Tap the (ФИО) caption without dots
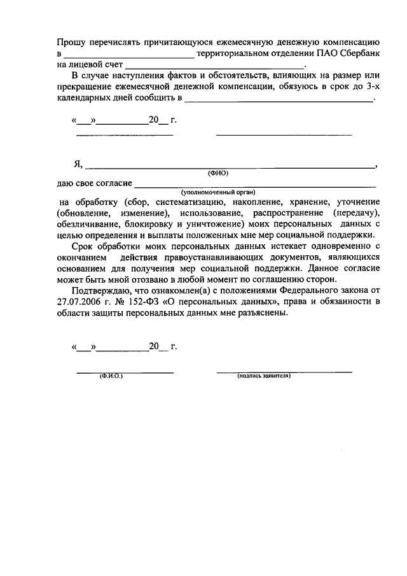[x=218, y=173]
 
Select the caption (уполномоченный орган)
[x=218, y=192]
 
